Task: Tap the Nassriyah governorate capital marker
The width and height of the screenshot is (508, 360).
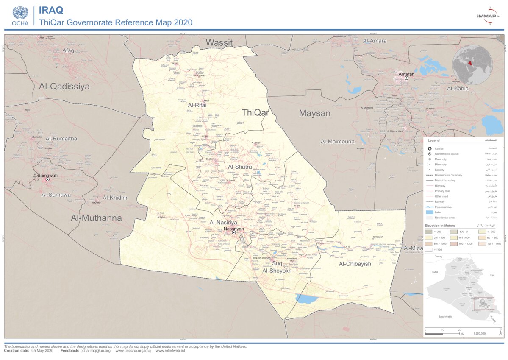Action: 233,232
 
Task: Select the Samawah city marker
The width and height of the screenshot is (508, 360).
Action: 48,179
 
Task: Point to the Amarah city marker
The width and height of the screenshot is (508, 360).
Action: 406,78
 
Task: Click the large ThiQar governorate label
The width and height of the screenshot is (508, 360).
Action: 255,112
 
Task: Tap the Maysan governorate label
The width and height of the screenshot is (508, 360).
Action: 314,113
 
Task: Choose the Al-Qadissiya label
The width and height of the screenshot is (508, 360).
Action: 64,87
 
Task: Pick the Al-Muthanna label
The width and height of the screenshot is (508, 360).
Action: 96,218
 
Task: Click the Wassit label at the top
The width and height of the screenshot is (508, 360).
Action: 219,42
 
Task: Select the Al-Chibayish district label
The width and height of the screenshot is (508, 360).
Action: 355,264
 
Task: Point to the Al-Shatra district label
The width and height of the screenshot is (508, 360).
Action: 240,167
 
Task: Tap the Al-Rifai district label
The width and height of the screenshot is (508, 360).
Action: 197,105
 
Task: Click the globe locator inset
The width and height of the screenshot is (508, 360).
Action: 472,65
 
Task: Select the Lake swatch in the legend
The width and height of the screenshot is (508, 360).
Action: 430,212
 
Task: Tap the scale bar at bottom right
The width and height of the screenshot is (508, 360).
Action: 443,334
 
